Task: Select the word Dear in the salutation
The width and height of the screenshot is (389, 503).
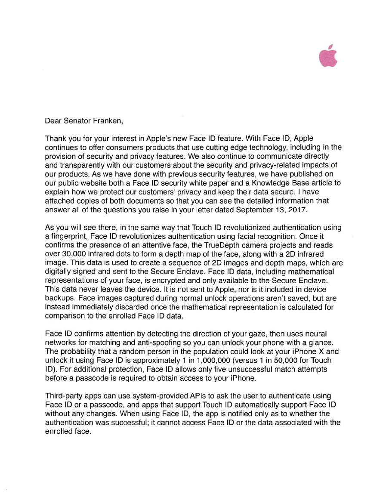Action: pos(53,121)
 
